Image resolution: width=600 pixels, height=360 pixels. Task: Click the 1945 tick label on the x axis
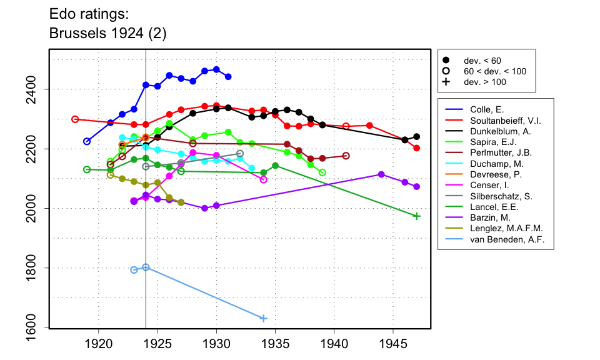(393, 343)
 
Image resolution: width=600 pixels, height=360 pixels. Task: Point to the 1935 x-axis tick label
(275, 343)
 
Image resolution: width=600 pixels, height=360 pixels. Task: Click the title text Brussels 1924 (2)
(107, 33)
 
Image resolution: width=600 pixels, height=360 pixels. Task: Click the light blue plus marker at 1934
(263, 319)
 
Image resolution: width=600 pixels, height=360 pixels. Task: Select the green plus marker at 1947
(417, 216)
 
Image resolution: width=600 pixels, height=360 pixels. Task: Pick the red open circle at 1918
(75, 119)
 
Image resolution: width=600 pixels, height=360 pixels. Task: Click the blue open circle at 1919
(87, 141)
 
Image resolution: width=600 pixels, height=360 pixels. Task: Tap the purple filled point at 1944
(381, 174)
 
